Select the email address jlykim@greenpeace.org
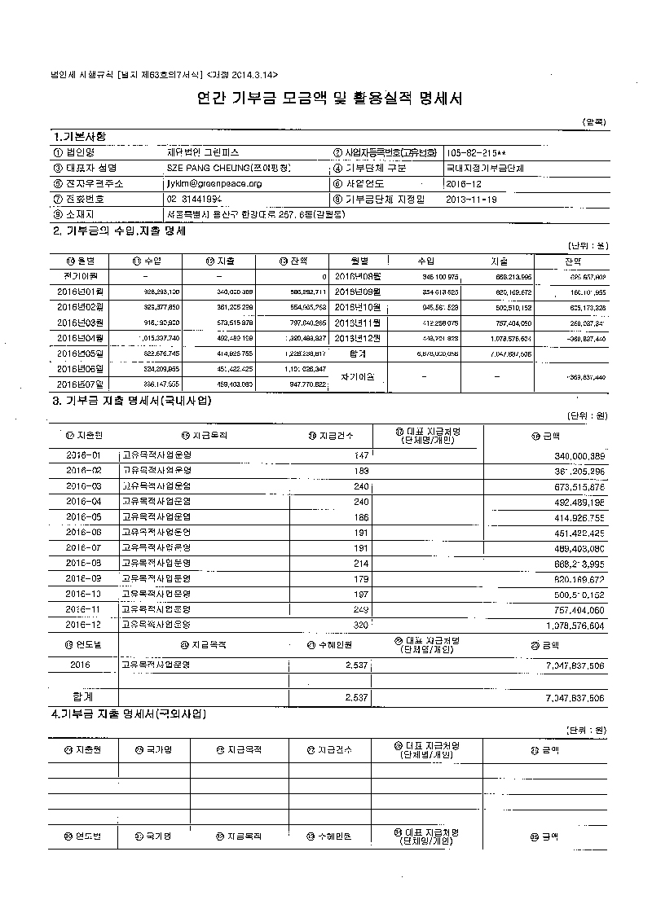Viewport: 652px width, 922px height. click(x=214, y=184)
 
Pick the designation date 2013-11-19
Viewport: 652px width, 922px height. click(x=472, y=199)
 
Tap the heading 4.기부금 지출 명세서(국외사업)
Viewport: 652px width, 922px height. click(x=129, y=714)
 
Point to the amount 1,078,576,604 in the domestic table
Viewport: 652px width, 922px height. click(x=570, y=626)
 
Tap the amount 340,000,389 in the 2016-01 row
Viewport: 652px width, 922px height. click(x=570, y=454)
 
